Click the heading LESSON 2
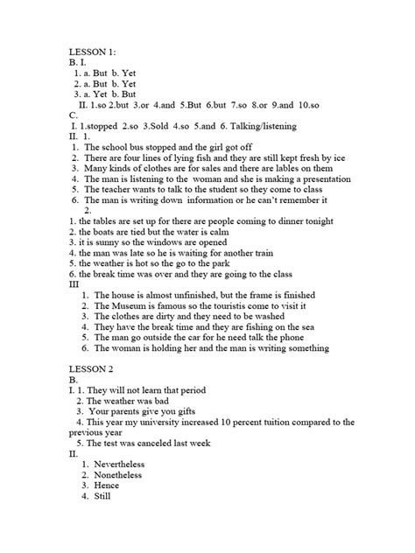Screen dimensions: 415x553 coord(95,368)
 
